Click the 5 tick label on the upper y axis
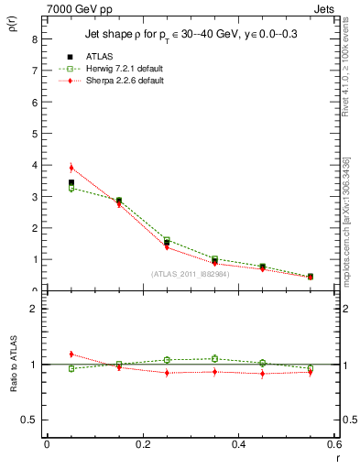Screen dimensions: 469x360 (x=34, y=134)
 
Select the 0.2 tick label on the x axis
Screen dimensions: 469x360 (x=142, y=444)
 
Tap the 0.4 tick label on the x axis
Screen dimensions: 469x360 (x=238, y=444)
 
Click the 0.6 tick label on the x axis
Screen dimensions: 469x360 (x=333, y=444)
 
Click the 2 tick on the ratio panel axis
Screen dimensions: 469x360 (x=34, y=309)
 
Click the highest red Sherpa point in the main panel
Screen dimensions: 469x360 (x=71, y=168)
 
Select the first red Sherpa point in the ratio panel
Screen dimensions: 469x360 (x=71, y=354)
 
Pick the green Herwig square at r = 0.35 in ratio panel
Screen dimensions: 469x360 (x=214, y=359)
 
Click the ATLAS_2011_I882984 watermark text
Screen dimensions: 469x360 (x=191, y=274)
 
